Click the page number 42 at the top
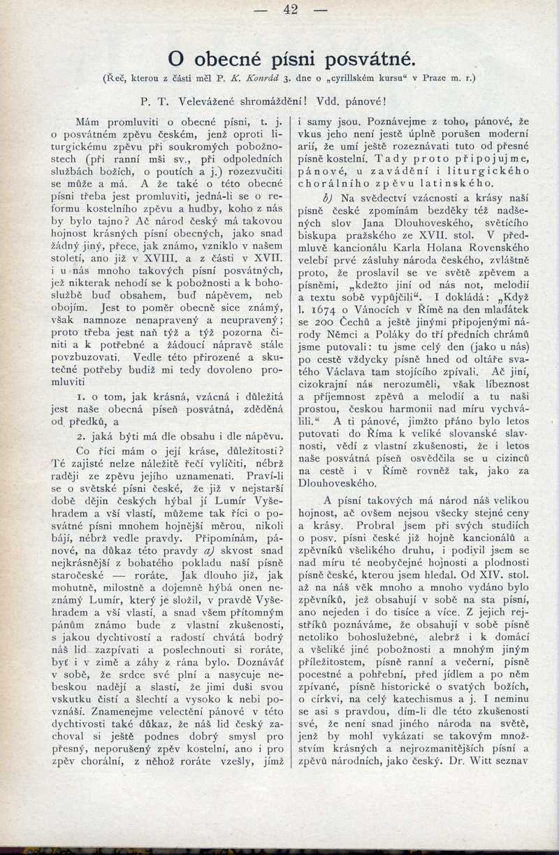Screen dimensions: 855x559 [x=291, y=10]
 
